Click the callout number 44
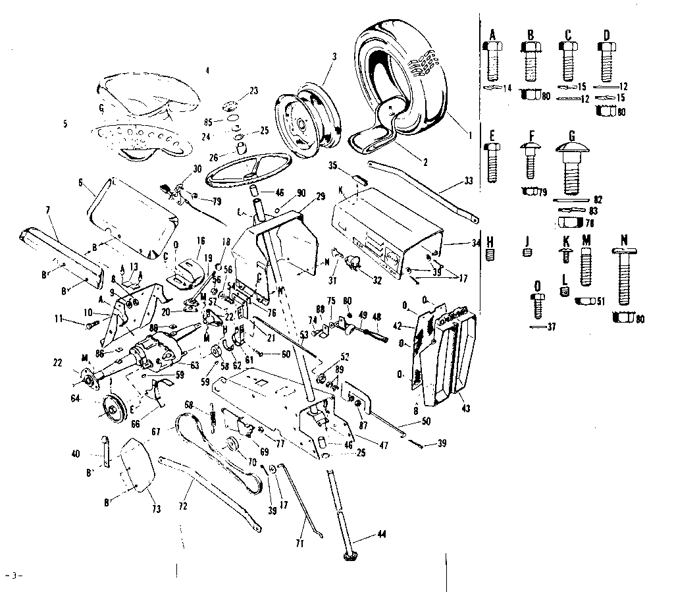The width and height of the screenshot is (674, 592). (382, 535)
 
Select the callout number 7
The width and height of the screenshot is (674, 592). (47, 210)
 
